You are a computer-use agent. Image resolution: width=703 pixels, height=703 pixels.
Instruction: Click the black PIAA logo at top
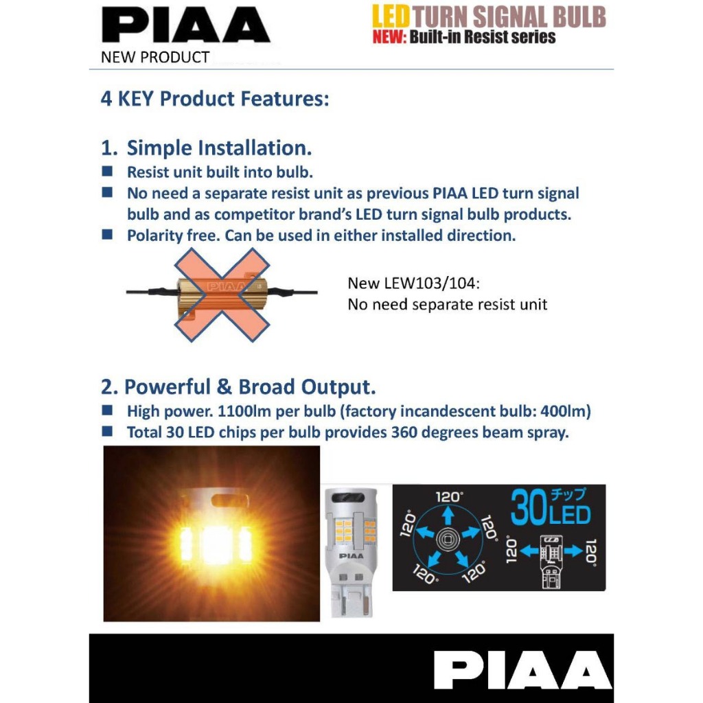tap(185, 25)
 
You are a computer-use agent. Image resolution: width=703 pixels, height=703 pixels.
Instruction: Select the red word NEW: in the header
tap(389, 37)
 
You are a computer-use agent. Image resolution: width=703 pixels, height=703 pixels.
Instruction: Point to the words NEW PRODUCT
tap(154, 57)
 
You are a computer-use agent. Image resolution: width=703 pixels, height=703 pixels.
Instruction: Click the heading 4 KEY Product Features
tap(215, 98)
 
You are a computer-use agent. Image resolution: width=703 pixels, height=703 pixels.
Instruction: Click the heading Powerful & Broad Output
tap(238, 387)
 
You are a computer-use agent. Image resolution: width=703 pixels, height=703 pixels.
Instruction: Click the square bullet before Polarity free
tap(107, 234)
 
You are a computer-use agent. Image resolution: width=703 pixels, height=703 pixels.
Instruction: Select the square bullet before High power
tap(107, 411)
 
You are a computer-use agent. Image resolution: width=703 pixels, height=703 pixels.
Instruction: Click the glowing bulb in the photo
tap(212, 535)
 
